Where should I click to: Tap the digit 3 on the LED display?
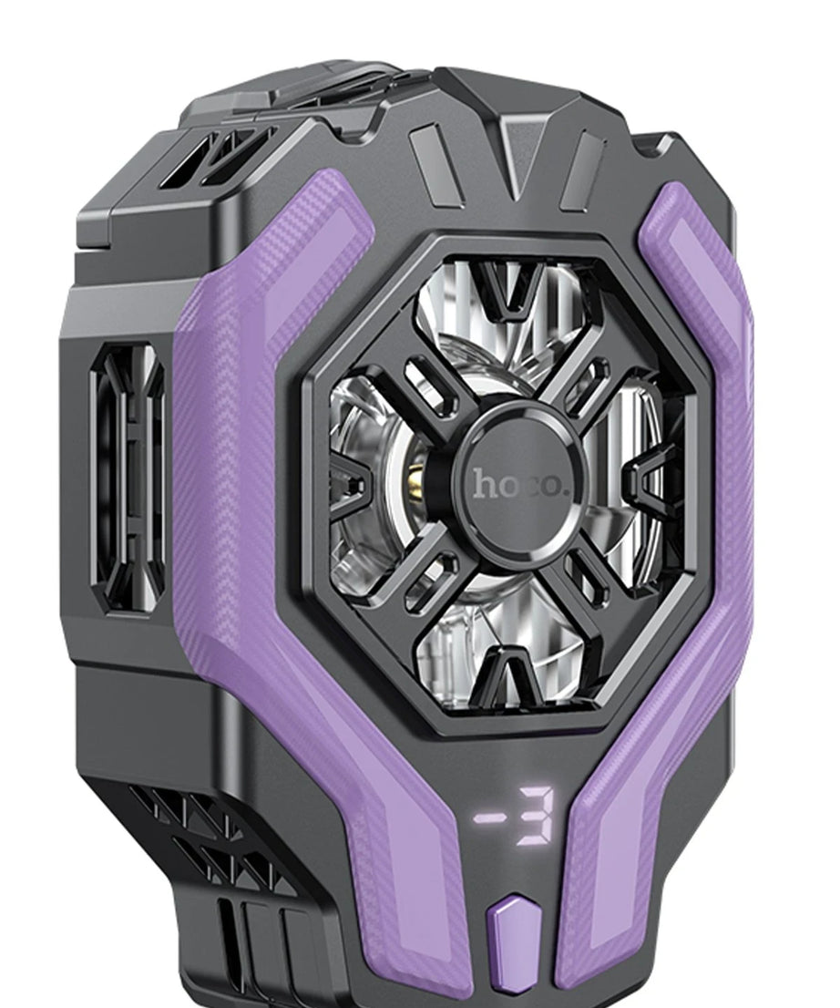coord(536,815)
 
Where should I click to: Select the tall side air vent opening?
coord(128,478)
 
